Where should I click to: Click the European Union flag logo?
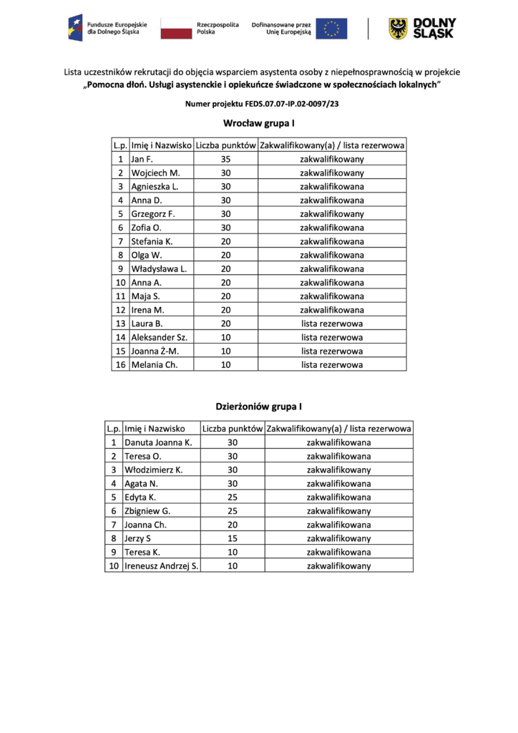coord(331,29)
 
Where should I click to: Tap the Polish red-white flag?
coord(176,29)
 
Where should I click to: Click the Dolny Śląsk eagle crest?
coord(398,29)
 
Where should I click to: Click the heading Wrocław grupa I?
coord(259,123)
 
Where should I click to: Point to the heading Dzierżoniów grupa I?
coord(259,407)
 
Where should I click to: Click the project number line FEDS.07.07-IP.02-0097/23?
coord(259,104)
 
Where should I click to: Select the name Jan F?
coord(142,160)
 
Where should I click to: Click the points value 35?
coord(225,160)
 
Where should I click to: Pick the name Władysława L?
coord(158,268)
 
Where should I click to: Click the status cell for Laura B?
coord(332,324)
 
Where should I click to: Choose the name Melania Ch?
coord(153,365)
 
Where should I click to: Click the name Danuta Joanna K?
coord(158,443)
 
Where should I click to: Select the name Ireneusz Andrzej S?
coord(162,566)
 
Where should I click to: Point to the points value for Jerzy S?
coord(232,539)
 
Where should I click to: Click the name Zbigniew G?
coord(147,511)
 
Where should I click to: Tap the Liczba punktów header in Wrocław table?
coord(225,145)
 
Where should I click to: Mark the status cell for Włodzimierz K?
coord(338,470)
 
